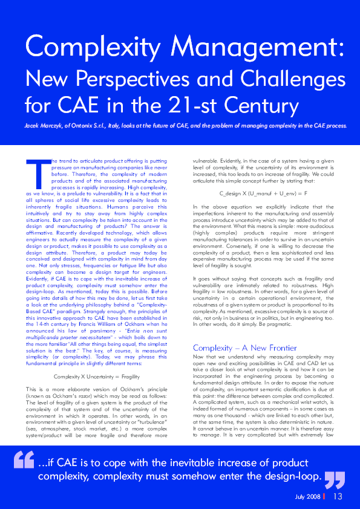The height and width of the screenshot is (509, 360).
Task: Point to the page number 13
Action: pyautogui.click(x=338, y=497)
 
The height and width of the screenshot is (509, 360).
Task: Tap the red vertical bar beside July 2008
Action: pyautogui.click(x=324, y=497)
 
